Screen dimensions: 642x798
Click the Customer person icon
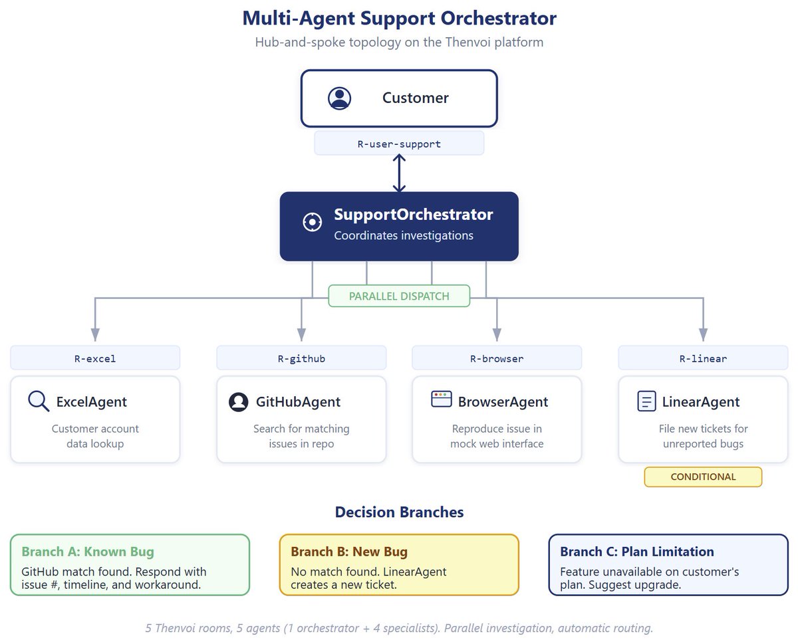pyautogui.click(x=340, y=98)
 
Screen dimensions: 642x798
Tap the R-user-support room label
pyautogui.click(x=399, y=144)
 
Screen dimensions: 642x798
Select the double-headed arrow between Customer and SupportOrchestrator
pyautogui.click(x=399, y=173)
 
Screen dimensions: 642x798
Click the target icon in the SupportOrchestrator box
pyautogui.click(x=312, y=223)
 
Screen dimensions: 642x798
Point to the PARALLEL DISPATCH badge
pyautogui.click(x=399, y=296)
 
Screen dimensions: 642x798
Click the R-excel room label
pyautogui.click(x=95, y=358)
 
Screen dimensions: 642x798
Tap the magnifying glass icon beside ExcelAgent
pyautogui.click(x=39, y=401)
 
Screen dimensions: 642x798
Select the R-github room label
pyautogui.click(x=301, y=358)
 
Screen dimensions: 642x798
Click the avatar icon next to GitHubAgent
pyautogui.click(x=238, y=402)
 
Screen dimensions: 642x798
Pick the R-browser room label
pyautogui.click(x=497, y=358)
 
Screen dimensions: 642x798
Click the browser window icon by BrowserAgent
pyautogui.click(x=442, y=399)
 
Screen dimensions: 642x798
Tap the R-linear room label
pyautogui.click(x=703, y=358)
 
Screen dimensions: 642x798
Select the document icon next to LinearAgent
pyautogui.click(x=646, y=401)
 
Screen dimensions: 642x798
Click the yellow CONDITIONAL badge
pyautogui.click(x=703, y=477)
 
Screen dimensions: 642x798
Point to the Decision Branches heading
pyautogui.click(x=399, y=512)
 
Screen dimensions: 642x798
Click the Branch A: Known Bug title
pyautogui.click(x=88, y=552)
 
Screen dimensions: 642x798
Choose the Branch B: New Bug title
pyautogui.click(x=349, y=552)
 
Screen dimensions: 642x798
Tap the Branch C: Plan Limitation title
pyautogui.click(x=637, y=552)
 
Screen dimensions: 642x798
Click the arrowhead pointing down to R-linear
pyautogui.click(x=703, y=336)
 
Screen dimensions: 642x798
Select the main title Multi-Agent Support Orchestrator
pyautogui.click(x=399, y=19)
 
